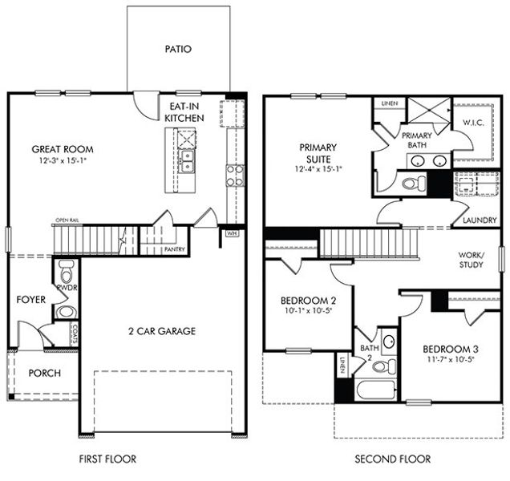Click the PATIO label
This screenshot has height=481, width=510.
[178, 49]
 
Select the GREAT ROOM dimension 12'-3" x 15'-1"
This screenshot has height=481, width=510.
[63, 161]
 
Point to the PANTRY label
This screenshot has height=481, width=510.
[174, 249]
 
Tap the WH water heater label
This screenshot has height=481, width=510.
[233, 234]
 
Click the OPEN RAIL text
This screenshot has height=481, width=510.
[67, 220]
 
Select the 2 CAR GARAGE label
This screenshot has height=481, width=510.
[160, 330]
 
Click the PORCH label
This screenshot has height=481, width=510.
[45, 374]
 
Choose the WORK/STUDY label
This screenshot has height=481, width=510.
[471, 259]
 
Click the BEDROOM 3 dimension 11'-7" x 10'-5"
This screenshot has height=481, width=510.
[450, 359]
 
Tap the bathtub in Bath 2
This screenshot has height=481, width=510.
[374, 392]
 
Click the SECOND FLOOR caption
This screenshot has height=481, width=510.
[393, 459]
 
